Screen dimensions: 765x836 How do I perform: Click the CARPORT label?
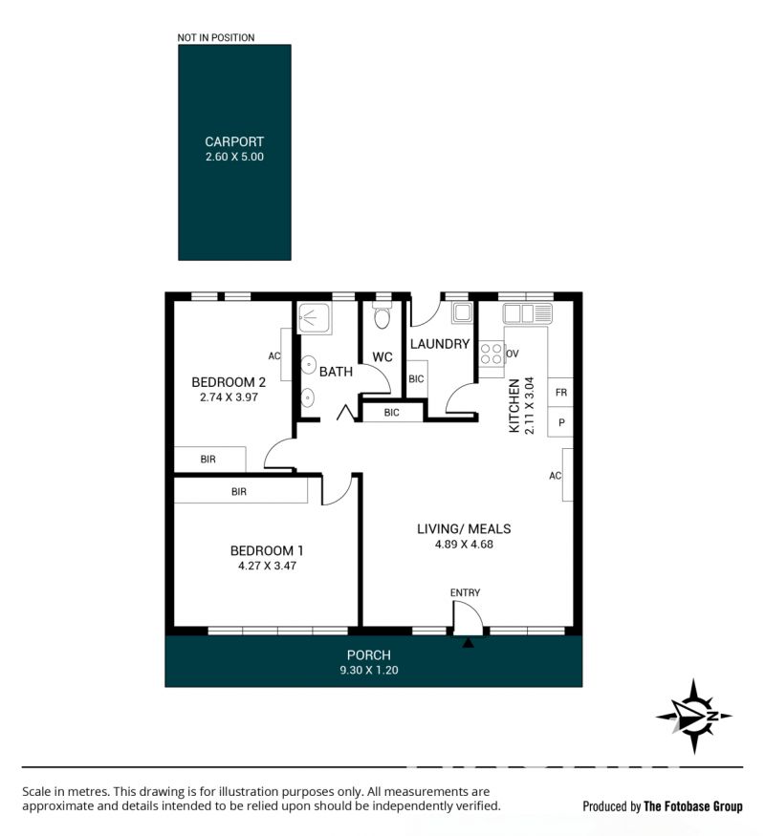tap(234, 141)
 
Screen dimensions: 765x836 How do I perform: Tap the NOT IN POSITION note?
tap(215, 37)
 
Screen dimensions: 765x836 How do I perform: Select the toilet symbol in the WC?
tap(382, 316)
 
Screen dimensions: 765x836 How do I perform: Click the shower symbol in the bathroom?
tap(315, 318)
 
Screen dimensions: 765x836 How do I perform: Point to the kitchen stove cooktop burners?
tap(492, 354)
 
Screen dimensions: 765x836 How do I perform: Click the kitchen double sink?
tap(527, 313)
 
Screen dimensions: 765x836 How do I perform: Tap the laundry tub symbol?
tap(462, 313)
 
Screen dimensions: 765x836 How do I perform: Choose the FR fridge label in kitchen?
tap(560, 393)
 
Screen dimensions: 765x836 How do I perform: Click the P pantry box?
tap(560, 422)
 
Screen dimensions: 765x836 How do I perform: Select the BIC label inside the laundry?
tap(416, 379)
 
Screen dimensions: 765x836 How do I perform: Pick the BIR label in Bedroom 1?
tap(239, 492)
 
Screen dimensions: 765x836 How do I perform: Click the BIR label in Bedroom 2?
tap(208, 459)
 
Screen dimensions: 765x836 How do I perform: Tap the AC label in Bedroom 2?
tap(274, 355)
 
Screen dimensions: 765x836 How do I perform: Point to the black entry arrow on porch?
tap(468, 643)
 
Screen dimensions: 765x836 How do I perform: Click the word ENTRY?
tap(465, 592)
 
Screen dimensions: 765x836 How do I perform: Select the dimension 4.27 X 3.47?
tap(267, 566)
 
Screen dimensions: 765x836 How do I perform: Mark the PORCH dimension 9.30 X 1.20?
tap(369, 670)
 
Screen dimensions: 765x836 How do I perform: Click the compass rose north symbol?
tap(693, 716)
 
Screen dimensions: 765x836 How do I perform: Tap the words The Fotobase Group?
tap(693, 806)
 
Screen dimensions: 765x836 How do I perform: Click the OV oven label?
tap(513, 354)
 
